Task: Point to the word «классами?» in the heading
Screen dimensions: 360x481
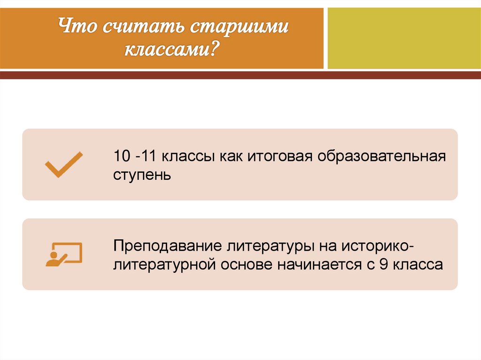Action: coord(172,48)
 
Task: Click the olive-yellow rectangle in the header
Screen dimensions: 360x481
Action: coord(404,38)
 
